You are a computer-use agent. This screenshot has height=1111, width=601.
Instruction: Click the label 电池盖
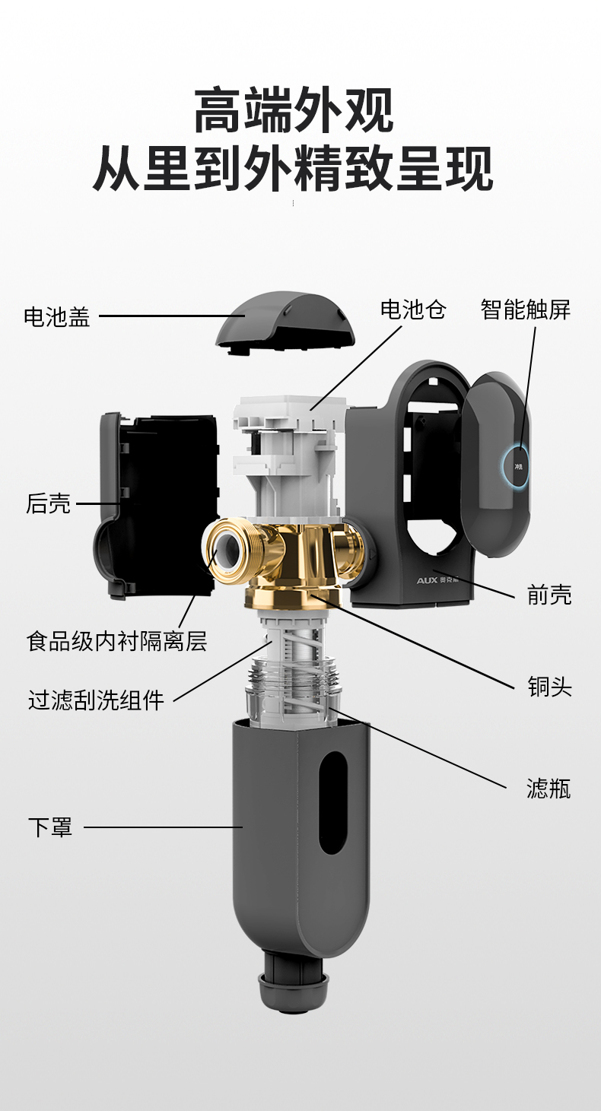coord(57,316)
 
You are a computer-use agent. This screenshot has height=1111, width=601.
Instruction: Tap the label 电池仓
coord(413,309)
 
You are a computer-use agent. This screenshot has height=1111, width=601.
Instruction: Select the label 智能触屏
coord(526,309)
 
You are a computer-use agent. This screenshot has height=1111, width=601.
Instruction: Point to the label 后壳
coord(49,503)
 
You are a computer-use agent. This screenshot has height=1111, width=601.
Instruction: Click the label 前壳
coord(549,594)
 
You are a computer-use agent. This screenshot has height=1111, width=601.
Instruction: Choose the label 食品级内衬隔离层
coord(116,641)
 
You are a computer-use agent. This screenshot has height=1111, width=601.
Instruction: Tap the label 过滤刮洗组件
coord(96,700)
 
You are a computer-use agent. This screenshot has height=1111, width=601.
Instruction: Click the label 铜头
coord(550,687)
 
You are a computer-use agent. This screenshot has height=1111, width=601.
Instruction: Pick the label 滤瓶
coord(549,789)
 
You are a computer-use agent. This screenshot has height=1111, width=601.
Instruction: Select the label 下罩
coord(50,827)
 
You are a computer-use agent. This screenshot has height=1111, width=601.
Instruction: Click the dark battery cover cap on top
coord(285,322)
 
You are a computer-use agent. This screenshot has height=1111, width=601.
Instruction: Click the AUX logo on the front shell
coord(428,579)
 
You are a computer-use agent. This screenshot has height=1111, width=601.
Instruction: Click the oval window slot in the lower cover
coord(332,802)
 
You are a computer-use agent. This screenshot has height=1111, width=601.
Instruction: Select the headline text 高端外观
coord(294,110)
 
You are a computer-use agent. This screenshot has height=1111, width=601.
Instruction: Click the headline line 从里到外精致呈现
coord(293,169)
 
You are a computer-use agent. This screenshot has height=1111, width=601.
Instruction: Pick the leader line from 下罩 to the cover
coord(164,827)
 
